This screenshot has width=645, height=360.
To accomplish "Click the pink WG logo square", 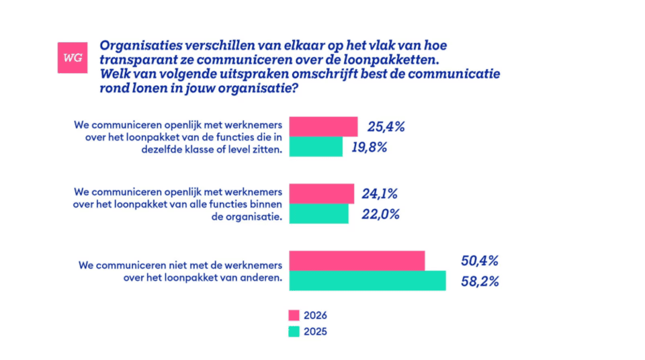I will (x=73, y=58).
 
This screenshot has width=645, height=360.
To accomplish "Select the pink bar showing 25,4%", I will (x=323, y=126).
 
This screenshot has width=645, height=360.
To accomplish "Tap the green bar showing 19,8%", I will (x=316, y=146).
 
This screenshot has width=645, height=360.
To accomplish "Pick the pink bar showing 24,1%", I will (x=321, y=193).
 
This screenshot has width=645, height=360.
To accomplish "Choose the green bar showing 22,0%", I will (x=318, y=214).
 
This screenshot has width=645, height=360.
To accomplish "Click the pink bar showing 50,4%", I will (x=357, y=261).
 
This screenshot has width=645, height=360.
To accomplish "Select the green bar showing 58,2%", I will (x=367, y=280).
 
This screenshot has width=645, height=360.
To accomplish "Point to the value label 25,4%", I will (x=386, y=127).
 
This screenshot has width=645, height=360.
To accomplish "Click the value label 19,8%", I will (x=369, y=147).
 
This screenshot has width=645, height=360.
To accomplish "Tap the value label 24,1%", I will (x=380, y=194).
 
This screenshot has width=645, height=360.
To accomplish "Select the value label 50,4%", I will (x=480, y=261).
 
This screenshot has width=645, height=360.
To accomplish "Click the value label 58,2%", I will (x=480, y=281).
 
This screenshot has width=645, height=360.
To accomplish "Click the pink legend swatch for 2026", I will (x=294, y=315).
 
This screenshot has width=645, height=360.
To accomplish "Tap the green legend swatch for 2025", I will (x=294, y=331).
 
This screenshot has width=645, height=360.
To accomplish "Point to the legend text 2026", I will (x=315, y=315).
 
